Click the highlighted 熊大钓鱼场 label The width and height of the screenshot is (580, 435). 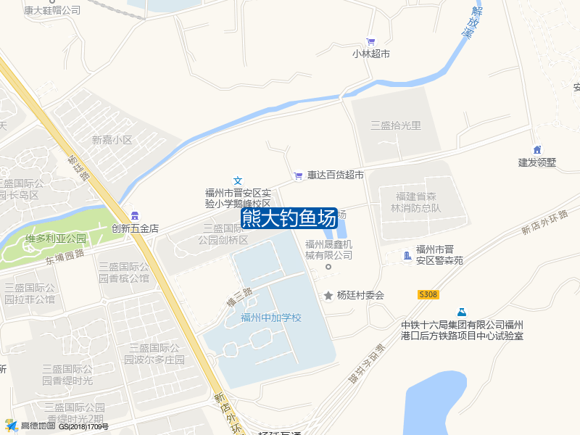point(289,217)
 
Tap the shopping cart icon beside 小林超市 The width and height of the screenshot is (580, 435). point(371,41)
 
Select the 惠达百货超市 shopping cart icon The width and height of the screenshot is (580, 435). point(298,175)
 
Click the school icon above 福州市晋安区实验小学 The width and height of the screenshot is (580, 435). point(237,180)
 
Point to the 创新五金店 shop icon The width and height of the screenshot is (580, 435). point(135,215)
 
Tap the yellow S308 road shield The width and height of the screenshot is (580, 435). point(428,294)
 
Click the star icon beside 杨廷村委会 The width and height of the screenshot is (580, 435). point(328,295)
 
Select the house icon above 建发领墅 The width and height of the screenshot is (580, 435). point(537,149)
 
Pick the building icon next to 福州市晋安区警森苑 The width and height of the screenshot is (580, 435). point(407,254)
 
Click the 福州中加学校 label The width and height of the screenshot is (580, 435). point(270,318)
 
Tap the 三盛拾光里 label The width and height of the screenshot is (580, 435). point(396,125)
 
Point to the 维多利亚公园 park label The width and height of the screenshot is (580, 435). point(56,239)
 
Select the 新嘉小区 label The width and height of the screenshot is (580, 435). point(112,140)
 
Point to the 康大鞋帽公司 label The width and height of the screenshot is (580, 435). point(52,11)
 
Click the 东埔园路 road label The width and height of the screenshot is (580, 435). point(65,255)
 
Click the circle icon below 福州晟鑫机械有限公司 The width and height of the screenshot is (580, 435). point(328,267)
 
